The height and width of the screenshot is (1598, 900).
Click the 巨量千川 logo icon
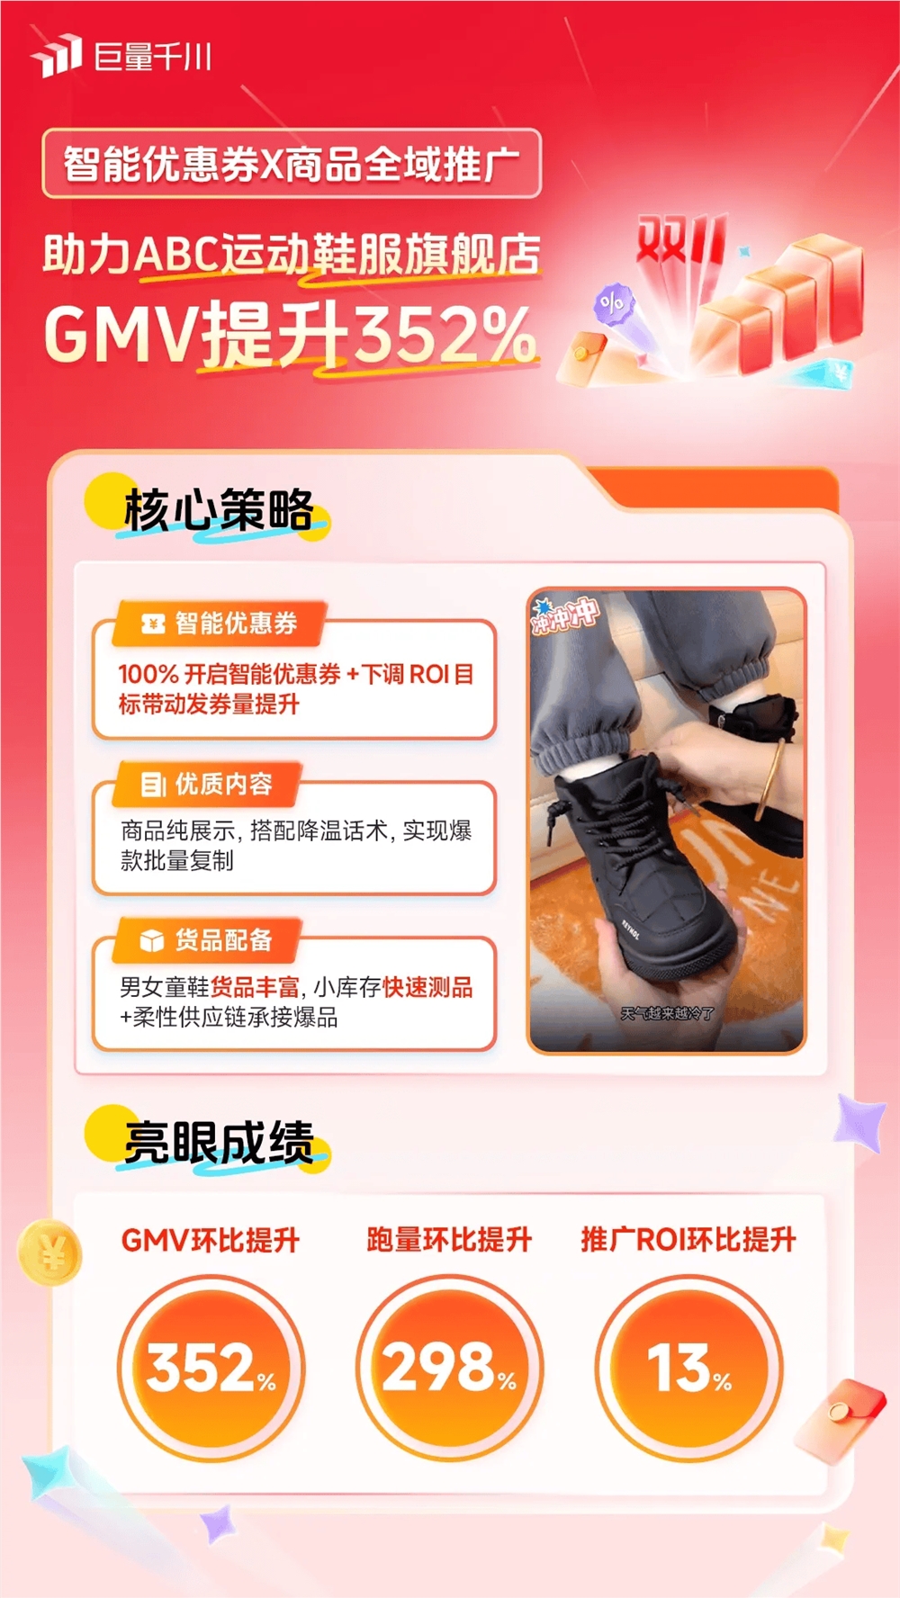point(56,56)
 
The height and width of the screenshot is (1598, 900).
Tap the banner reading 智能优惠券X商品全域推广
point(292,164)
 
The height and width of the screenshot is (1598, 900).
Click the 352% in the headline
point(445,334)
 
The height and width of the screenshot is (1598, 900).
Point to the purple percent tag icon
point(614,304)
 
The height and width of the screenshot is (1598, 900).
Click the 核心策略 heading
point(219,510)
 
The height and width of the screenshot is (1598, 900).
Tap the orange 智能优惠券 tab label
point(219,623)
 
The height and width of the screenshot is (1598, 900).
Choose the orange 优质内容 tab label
point(206,784)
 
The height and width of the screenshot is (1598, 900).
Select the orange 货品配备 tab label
point(206,940)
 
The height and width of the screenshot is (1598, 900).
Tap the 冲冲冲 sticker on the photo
point(564,614)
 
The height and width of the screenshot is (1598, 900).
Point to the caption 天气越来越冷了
point(667,1013)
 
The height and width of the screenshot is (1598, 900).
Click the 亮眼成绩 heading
point(219,1142)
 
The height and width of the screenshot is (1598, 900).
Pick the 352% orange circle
point(211,1369)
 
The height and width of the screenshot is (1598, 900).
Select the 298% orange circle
point(450,1369)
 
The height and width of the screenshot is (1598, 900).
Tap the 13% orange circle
point(688,1369)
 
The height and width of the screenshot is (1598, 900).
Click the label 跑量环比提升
point(449,1240)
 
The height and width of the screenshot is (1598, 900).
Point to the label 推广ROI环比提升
point(688,1240)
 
